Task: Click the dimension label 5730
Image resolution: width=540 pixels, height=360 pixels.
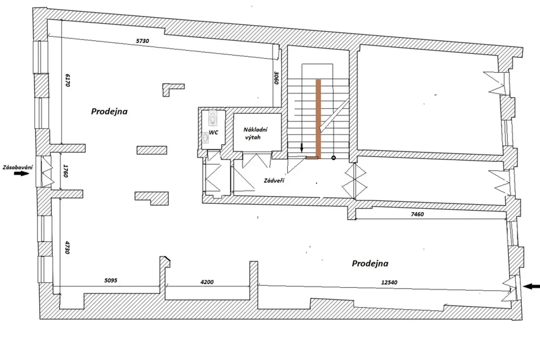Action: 142,41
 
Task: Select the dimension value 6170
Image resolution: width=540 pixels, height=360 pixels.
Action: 67,80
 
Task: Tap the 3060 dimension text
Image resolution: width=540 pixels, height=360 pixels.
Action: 276,77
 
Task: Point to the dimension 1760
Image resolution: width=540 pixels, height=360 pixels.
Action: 65,171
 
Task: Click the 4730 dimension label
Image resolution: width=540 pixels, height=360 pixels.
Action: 67,247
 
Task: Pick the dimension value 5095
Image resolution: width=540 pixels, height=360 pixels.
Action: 111,280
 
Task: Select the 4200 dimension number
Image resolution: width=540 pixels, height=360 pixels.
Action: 207,282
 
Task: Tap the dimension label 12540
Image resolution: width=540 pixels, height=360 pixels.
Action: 389,282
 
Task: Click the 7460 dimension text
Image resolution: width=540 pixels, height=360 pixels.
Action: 417,214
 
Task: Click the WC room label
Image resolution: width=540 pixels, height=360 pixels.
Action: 213,132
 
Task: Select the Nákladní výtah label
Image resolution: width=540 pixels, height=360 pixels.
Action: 255,133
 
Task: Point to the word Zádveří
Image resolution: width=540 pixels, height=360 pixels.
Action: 274,180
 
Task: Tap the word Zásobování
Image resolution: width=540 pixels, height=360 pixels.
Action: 18,167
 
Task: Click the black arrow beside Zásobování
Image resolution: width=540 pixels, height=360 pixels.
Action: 22,173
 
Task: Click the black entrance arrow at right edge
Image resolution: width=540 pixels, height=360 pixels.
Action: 532,287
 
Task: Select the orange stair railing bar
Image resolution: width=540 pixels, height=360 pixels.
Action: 318,119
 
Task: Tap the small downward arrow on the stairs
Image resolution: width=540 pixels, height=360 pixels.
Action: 301,148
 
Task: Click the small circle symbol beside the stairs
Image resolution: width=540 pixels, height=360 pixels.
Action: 333,158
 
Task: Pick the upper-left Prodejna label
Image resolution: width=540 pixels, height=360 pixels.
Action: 109,112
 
